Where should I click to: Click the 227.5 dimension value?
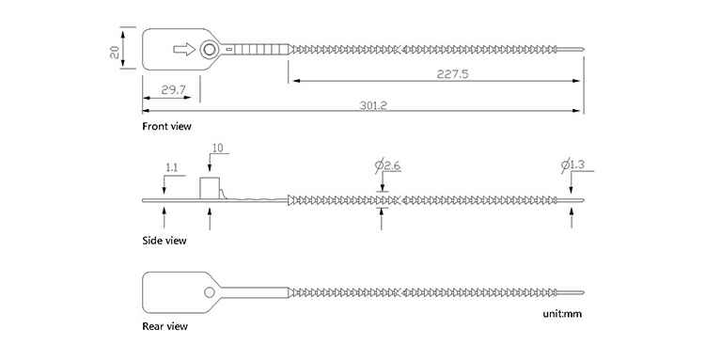452,74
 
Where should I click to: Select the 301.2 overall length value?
373,105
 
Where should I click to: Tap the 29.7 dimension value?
174,90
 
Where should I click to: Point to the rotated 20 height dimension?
115,52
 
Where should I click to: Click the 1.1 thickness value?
172,168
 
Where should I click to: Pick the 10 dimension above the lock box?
218,148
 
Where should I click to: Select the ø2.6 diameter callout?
387,165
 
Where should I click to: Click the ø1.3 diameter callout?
572,164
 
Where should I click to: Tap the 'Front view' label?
166,126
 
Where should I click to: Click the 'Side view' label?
164,241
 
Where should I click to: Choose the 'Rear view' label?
165,326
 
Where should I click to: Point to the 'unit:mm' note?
562,314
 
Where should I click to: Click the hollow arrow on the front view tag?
184,49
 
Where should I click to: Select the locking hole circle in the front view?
209,49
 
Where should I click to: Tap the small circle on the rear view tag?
209,292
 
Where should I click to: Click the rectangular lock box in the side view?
210,188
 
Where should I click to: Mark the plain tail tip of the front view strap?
583,49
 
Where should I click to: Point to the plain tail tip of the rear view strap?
583,292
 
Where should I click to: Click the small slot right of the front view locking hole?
228,49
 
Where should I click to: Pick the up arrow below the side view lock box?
210,218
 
